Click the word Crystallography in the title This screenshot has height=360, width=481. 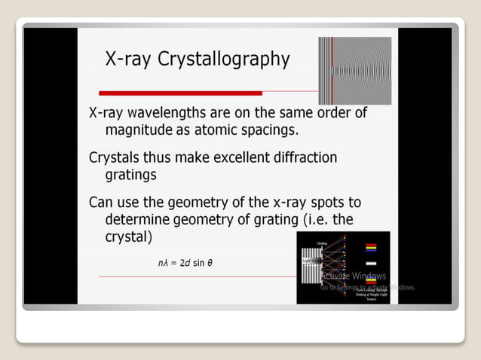(224, 60)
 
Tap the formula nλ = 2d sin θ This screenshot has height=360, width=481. (185, 263)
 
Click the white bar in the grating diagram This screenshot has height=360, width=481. (371, 263)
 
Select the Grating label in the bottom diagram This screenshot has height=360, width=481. (322, 243)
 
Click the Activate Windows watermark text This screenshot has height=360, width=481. (353, 276)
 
